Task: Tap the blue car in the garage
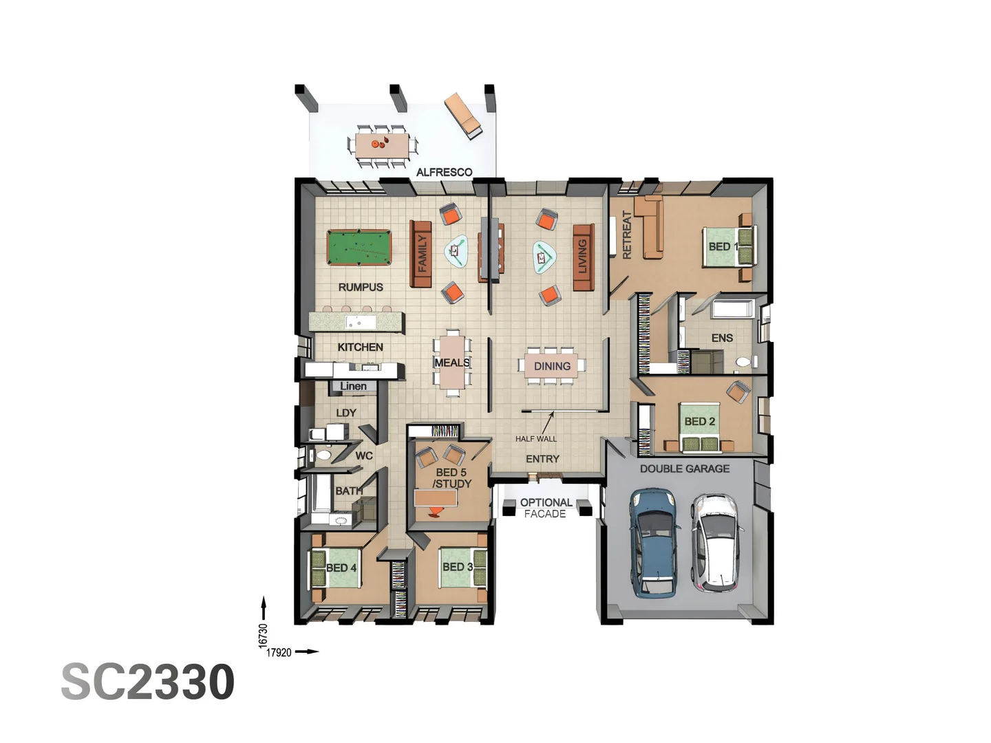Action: (653, 542)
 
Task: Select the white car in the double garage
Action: (716, 542)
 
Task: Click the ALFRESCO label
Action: (444, 172)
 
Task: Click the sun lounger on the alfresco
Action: (463, 116)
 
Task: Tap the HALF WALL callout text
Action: (536, 439)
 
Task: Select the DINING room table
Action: (553, 366)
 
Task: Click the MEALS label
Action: (452, 363)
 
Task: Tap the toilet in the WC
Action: (322, 455)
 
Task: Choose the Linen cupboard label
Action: (353, 387)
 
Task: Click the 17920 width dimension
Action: (279, 652)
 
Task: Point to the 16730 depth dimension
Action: (263, 634)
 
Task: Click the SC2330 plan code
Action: (148, 682)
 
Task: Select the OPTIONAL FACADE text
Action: (545, 508)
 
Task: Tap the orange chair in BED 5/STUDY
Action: (436, 511)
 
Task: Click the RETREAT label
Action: (626, 235)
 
